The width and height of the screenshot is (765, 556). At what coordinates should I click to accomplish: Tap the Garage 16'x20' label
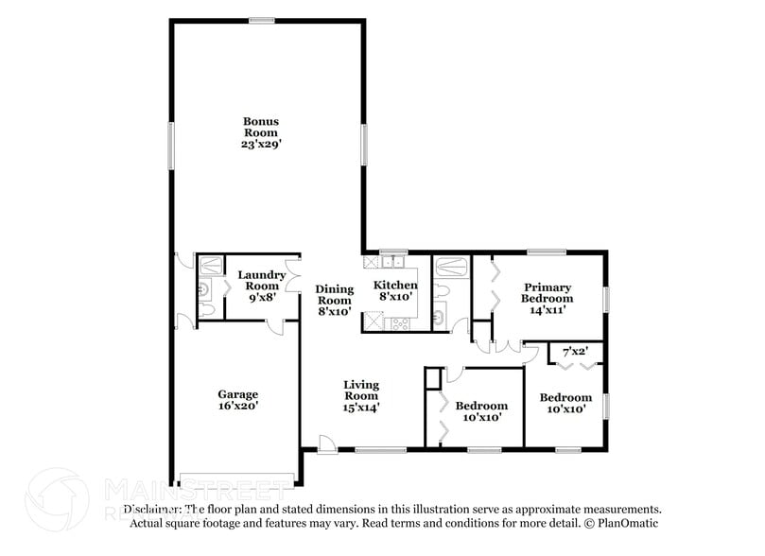[x=237, y=400]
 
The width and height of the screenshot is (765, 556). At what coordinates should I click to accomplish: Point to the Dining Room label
[x=334, y=300]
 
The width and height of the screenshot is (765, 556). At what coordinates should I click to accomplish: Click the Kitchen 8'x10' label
[x=395, y=291]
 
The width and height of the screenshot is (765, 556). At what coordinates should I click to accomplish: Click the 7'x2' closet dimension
[x=576, y=352]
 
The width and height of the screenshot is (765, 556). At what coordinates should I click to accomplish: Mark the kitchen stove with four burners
[x=398, y=323]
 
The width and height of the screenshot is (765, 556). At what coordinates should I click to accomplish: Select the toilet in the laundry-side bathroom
[x=207, y=310]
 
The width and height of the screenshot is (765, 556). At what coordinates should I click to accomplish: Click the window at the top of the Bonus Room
[x=262, y=20]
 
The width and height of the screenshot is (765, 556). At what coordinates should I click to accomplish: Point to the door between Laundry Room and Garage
[x=274, y=326]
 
